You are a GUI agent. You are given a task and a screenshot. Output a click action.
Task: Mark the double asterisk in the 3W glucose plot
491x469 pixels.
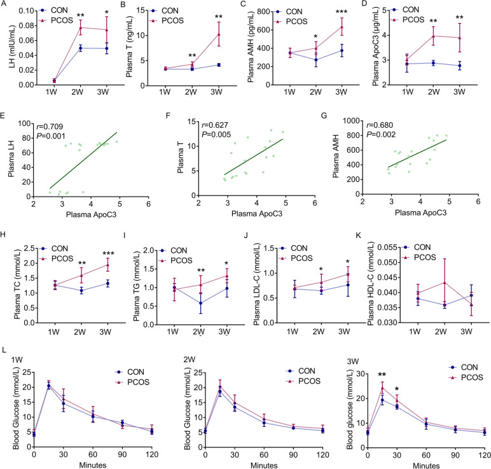coord(382,358)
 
